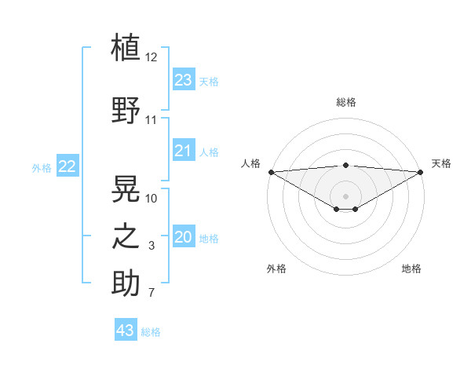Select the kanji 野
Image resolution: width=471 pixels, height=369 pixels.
[126, 111]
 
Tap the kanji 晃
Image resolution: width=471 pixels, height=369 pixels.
[126, 188]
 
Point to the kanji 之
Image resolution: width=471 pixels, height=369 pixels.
[126, 237]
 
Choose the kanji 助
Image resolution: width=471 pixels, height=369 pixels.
[126, 284]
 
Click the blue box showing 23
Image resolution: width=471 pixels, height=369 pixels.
[184, 80]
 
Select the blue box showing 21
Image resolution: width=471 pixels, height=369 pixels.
[184, 152]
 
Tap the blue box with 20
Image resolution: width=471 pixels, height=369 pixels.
[184, 238]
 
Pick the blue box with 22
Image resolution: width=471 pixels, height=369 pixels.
[68, 166]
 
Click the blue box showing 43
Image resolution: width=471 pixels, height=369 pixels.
[126, 331]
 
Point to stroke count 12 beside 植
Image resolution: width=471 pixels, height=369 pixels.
[152, 57]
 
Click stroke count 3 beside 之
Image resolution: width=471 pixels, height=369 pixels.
[152, 247]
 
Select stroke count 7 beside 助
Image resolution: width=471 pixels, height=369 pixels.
[152, 294]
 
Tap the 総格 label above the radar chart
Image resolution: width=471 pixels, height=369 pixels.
[346, 102]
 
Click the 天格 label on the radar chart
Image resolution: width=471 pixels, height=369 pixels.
[442, 163]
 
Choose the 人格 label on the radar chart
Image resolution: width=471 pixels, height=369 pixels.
[250, 163]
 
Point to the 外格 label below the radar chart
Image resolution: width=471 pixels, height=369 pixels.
[276, 269]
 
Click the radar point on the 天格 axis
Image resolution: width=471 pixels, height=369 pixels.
[421, 171]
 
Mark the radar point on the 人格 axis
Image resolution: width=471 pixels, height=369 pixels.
[271, 171]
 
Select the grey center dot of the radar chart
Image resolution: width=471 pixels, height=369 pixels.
[345, 195]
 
